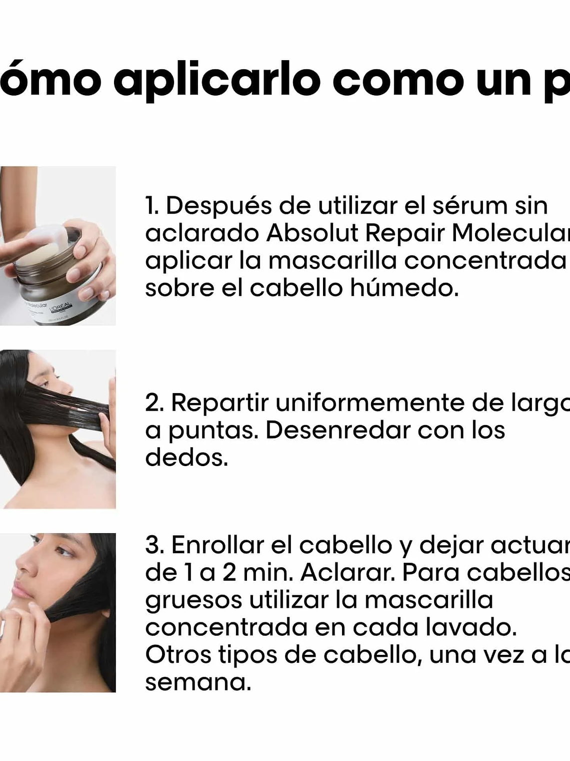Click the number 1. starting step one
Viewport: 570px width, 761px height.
tap(151, 206)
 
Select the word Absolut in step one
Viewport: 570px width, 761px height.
tap(312, 233)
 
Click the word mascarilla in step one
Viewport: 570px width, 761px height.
tap(332, 260)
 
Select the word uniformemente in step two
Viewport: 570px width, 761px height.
tap(370, 403)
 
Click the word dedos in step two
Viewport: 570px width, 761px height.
tap(186, 457)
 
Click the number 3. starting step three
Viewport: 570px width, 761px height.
tap(155, 545)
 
